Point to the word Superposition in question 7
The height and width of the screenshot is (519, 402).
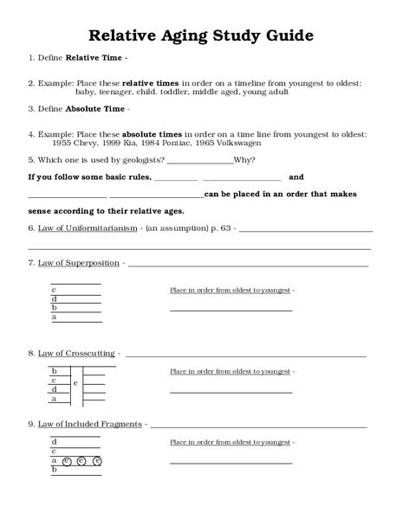tap(93, 261)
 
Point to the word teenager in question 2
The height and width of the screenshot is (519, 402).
tap(124, 91)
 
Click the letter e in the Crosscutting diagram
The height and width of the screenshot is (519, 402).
tap(75, 382)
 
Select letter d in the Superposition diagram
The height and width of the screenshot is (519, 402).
tap(55, 298)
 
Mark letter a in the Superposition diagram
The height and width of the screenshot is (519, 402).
tap(55, 317)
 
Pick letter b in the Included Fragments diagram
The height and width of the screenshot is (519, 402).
tap(55, 470)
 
